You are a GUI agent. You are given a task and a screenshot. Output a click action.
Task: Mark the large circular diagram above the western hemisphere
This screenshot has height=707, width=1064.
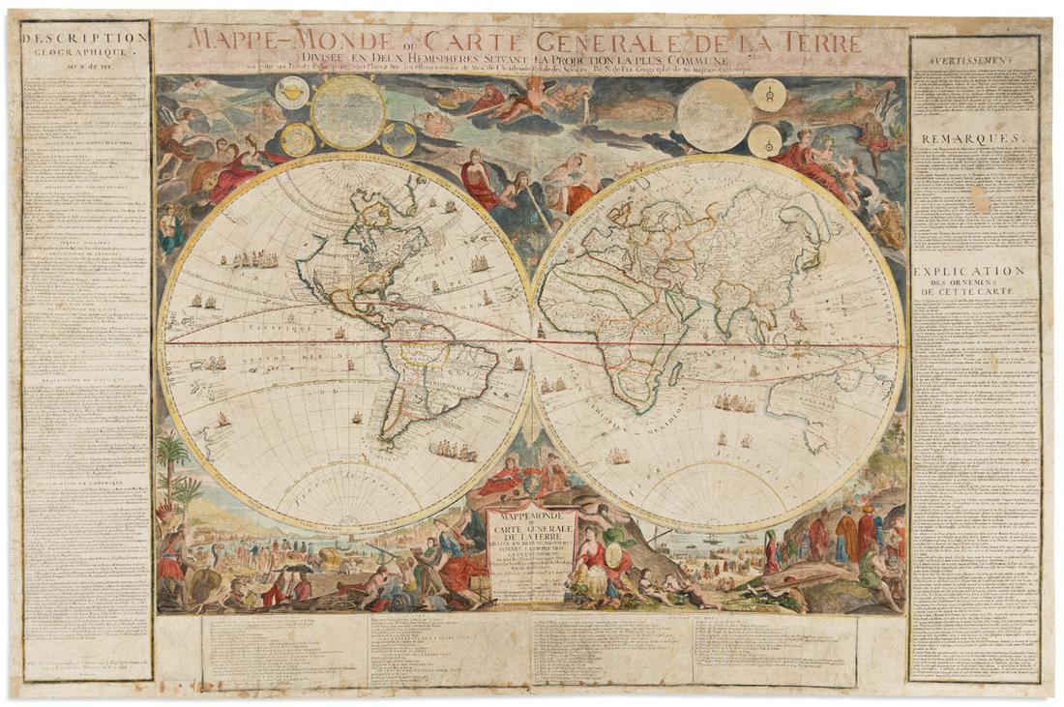tap(349, 112)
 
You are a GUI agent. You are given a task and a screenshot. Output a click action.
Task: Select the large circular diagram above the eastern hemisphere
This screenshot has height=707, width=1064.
tap(714, 114)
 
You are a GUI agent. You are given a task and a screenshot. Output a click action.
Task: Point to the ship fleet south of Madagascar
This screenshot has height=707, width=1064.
tap(735, 403)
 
